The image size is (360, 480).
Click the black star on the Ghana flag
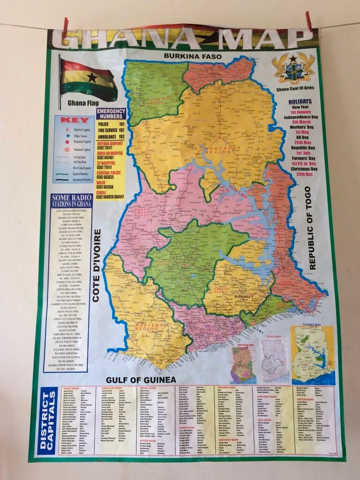[x=92, y=77]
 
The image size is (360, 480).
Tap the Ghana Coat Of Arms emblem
[x=293, y=68]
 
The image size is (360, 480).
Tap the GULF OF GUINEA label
[x=140, y=379]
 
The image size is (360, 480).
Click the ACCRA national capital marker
[x=252, y=323]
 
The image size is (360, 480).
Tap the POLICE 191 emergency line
[x=111, y=124]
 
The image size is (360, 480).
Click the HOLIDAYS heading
[x=300, y=101]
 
